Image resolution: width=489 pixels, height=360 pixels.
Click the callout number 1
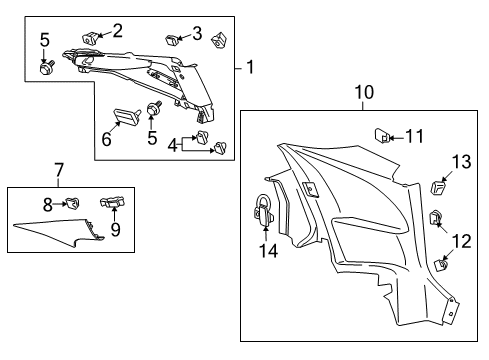(251, 68)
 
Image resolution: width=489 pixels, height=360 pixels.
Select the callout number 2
(118, 30)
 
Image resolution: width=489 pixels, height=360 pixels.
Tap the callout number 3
(197, 33)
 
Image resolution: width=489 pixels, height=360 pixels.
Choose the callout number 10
(364, 93)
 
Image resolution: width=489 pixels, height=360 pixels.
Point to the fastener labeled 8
(71, 207)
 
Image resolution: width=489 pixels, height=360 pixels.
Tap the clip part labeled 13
(438, 188)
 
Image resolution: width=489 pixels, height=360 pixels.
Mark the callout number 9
(116, 230)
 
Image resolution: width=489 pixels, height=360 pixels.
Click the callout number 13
(461, 163)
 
